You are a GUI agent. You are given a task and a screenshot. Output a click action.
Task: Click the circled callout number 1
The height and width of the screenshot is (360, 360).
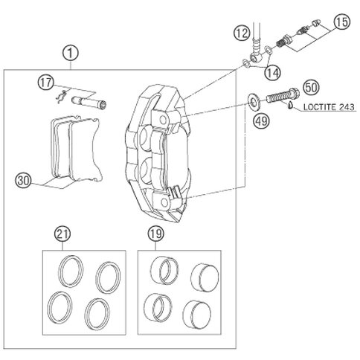[71, 54]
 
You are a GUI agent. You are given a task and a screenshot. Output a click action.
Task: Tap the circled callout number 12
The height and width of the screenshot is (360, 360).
[242, 33]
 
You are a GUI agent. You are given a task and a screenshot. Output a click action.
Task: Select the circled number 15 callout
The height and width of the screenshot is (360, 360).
[342, 22]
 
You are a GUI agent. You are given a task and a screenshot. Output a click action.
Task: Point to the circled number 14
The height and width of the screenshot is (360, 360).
[272, 73]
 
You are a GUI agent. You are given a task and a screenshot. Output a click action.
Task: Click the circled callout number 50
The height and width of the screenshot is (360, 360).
[312, 88]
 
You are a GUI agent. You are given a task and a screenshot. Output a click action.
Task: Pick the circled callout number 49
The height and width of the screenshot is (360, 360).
[261, 121]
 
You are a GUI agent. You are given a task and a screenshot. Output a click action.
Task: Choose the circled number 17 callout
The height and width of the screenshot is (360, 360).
[46, 83]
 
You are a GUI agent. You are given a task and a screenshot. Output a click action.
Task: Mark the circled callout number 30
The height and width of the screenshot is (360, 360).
[24, 181]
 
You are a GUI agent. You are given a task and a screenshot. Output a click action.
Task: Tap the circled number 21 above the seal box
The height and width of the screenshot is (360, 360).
[62, 234]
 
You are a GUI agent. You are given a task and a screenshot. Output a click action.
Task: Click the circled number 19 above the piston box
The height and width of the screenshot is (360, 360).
[155, 234]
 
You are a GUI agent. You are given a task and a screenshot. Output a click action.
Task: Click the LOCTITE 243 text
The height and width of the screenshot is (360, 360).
[329, 107]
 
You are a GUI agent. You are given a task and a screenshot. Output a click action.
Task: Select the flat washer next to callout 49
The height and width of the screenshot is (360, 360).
[254, 102]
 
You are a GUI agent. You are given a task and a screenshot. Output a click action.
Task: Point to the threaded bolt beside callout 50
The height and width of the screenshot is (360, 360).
[283, 97]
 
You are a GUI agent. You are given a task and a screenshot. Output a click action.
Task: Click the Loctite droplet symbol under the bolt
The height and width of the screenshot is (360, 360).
[290, 106]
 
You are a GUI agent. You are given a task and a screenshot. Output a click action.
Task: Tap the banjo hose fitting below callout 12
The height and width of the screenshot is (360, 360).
[254, 51]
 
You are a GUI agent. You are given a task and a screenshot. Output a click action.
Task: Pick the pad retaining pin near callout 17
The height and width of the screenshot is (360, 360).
[89, 102]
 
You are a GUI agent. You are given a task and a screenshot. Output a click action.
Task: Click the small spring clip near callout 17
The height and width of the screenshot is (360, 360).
[60, 97]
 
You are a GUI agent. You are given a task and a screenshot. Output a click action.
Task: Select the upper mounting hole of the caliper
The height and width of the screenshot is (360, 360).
[163, 120]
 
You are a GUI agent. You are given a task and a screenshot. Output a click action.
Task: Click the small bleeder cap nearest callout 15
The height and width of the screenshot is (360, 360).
[315, 23]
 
